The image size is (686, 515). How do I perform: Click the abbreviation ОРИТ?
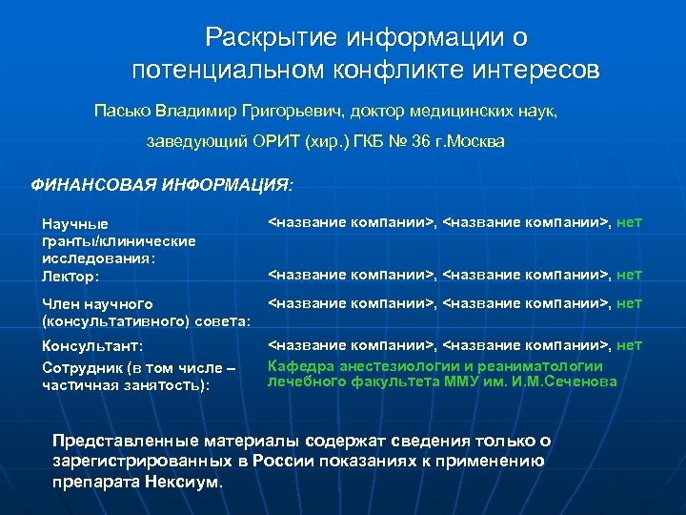(x=275, y=141)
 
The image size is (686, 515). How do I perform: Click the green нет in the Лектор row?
(x=630, y=275)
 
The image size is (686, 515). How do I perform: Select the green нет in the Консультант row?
(x=630, y=345)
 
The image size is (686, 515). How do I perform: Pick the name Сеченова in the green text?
(x=585, y=381)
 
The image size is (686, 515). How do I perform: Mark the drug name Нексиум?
(x=183, y=482)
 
